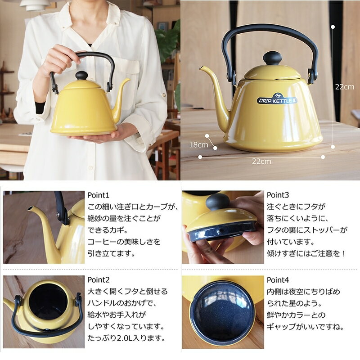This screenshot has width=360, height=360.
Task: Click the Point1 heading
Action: pos(98,195)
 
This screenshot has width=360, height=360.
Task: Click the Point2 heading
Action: pos(99,280)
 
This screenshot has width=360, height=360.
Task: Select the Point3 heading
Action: pos(278,195)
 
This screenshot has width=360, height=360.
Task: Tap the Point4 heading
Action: pos(278,280)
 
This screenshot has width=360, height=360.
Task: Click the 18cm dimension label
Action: pos(198,145)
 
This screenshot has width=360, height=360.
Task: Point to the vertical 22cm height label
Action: pos(344,87)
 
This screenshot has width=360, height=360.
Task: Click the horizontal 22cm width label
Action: pos(261,162)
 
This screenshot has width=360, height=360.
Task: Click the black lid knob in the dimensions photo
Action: pos(272,58)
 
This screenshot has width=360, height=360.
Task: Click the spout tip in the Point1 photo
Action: pos(30,208)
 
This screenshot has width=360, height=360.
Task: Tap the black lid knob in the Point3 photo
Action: pos(217,201)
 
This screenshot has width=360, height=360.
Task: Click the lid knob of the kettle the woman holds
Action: pos(81,75)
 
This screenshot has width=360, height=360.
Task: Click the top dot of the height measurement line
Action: pos(333,27)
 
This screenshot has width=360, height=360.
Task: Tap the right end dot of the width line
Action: pos(323,157)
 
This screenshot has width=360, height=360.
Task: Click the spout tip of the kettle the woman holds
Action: pos(129,80)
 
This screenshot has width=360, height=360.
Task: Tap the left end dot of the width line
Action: pos(200,157)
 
